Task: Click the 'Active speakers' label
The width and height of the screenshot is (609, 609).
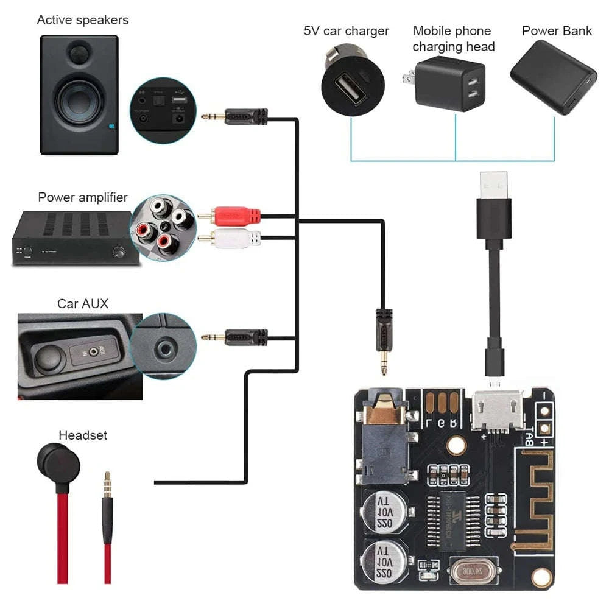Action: click(x=83, y=20)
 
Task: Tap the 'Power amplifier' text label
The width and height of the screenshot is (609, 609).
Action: click(x=83, y=197)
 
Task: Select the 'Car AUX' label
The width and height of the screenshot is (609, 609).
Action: click(x=83, y=303)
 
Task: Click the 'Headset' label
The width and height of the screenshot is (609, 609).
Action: click(x=83, y=435)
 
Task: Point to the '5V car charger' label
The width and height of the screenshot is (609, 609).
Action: click(x=347, y=30)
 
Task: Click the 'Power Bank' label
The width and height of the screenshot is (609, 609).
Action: click(x=557, y=30)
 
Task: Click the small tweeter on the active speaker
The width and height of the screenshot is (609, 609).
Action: click(x=78, y=53)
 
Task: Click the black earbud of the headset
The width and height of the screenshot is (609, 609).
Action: click(x=58, y=463)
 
